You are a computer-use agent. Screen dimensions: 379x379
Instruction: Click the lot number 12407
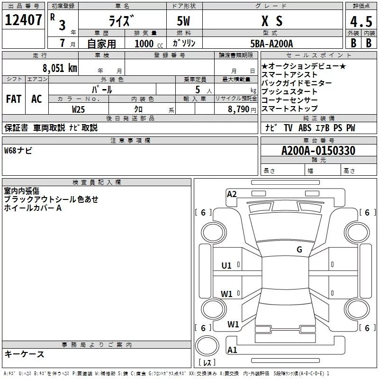[x=23, y=20]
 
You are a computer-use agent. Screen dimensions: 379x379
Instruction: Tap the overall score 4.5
[x=361, y=21]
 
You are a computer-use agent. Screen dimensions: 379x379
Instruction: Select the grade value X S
[x=272, y=21]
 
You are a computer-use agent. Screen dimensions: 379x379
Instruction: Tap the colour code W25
[x=79, y=109]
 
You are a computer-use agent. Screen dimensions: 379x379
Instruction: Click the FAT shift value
[x=14, y=99]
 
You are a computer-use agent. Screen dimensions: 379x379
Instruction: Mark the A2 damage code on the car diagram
[x=232, y=193]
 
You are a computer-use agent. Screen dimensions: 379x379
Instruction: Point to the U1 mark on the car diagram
[x=226, y=266]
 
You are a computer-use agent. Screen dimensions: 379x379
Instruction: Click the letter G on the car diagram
[x=299, y=250]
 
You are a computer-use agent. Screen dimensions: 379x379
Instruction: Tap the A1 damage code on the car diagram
[x=232, y=350]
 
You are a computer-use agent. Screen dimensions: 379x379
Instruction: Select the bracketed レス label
[x=207, y=363]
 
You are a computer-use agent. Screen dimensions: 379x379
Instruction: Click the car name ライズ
[x=122, y=21]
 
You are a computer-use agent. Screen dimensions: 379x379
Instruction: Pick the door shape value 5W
[x=185, y=21]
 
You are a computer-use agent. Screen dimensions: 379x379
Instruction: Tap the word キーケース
[x=24, y=354]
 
